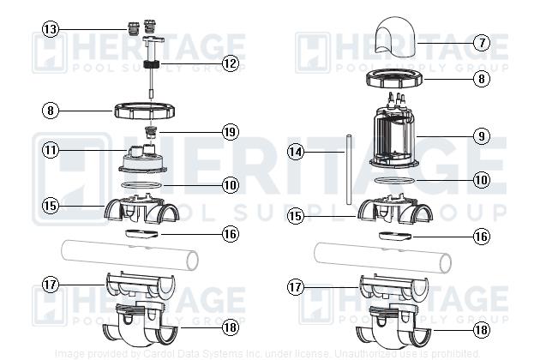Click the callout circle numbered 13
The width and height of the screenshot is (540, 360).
click(51, 30)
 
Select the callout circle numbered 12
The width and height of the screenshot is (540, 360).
click(229, 63)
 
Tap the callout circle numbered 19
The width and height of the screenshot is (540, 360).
click(229, 132)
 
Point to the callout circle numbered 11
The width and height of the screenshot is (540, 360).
click(51, 150)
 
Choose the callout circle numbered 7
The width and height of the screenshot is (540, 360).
click(481, 41)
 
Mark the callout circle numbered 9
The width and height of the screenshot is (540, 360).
click(481, 135)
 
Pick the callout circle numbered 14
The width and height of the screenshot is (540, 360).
click(296, 153)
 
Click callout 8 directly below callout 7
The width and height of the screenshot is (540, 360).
click(481, 79)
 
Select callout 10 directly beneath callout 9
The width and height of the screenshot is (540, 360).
click(481, 180)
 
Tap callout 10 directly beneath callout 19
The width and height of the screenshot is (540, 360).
click(229, 184)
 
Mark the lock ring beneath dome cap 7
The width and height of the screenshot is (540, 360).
click(398, 81)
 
